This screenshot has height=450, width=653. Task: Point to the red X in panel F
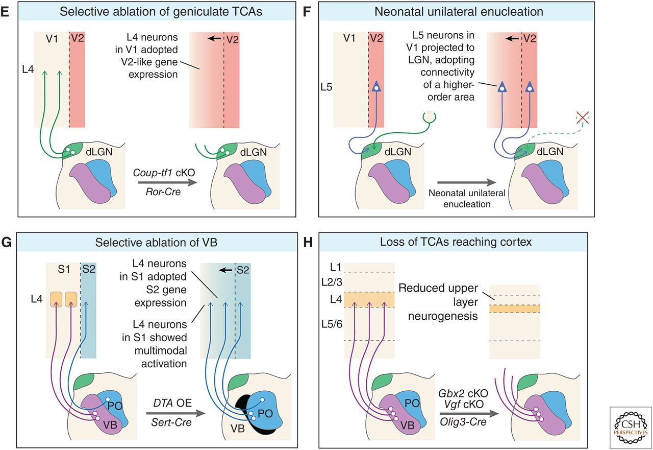pos(581,117)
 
